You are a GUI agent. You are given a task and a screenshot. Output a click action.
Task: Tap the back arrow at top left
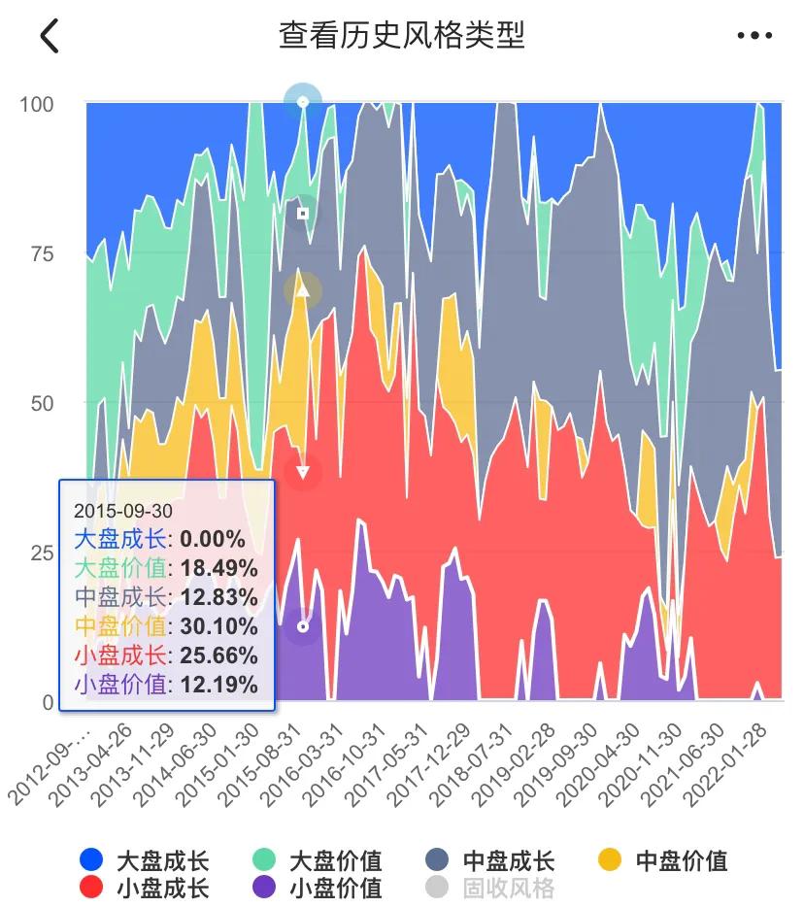click(50, 36)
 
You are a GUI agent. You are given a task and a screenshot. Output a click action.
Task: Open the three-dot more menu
click(754, 36)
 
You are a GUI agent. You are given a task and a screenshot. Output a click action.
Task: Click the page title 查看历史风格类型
click(401, 36)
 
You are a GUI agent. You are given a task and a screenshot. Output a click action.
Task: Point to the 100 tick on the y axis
click(37, 104)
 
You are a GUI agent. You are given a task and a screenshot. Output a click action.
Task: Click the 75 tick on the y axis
click(39, 254)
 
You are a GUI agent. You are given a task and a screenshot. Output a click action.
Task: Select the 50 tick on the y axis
click(39, 403)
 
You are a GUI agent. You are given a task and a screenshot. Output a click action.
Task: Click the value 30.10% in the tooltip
click(219, 626)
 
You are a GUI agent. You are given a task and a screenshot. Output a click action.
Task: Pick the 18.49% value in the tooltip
click(219, 568)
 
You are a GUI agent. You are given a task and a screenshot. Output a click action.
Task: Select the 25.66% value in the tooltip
click(219, 655)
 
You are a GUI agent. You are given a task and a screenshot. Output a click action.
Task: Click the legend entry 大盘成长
click(144, 860)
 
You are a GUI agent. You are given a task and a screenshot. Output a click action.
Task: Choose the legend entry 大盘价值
click(317, 860)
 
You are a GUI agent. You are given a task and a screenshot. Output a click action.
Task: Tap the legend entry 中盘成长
click(489, 860)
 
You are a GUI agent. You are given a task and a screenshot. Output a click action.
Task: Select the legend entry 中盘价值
click(662, 860)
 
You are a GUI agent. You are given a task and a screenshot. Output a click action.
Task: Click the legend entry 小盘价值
click(317, 888)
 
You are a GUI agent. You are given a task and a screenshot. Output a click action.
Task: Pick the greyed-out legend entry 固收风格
click(489, 888)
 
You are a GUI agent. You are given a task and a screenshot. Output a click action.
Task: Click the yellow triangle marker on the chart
click(303, 289)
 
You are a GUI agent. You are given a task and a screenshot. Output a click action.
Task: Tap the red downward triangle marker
click(303, 472)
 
